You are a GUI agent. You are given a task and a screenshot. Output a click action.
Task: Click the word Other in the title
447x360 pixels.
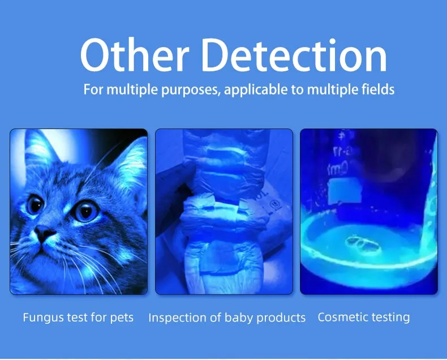pyautogui.click(x=134, y=57)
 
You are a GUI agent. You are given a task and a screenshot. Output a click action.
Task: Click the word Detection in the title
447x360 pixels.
pyautogui.click(x=294, y=57)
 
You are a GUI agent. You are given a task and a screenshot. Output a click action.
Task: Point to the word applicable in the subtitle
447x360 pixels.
pyautogui.click(x=256, y=89)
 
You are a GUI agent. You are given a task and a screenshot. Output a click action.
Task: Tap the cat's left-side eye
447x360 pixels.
pyautogui.click(x=35, y=204)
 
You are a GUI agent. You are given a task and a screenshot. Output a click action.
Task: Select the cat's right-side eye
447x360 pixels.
pyautogui.click(x=85, y=211)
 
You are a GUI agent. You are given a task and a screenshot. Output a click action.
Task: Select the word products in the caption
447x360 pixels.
pyautogui.click(x=281, y=318)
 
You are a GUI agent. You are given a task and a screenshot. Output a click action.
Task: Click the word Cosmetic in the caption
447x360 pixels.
pyautogui.click(x=341, y=317)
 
